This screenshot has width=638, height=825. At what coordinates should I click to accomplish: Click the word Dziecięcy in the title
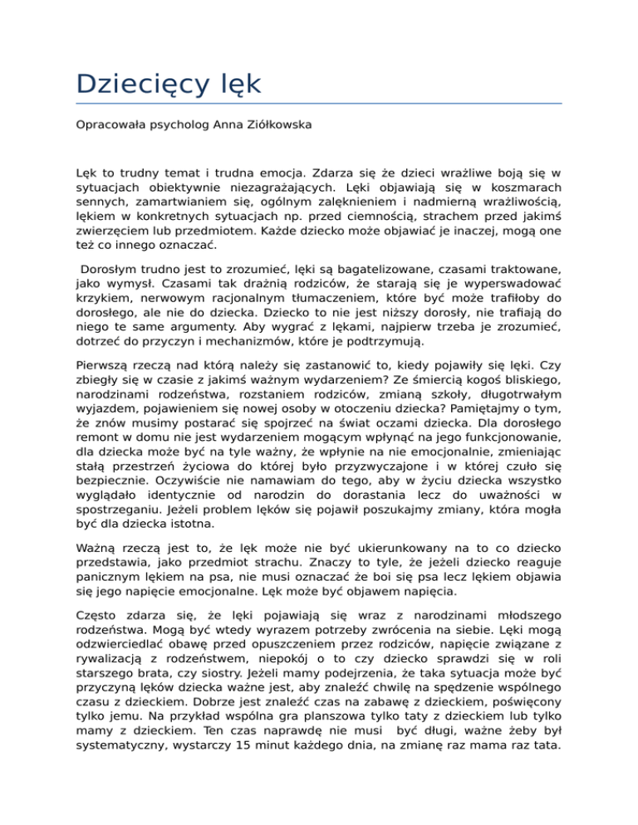pyautogui.click(x=146, y=84)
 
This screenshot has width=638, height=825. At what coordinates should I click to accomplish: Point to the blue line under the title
pyautogui.click(x=319, y=104)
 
